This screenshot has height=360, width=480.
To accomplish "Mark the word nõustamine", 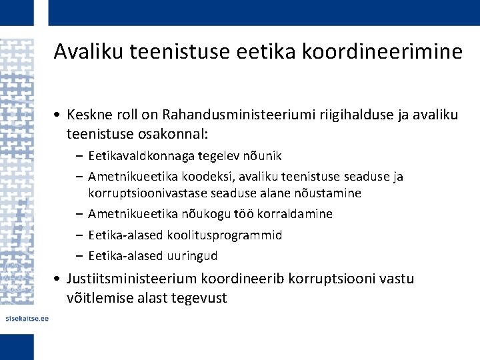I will point(327,193).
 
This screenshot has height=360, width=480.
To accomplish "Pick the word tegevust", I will point(199,298).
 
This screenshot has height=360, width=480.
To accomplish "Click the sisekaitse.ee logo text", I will point(25,319).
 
